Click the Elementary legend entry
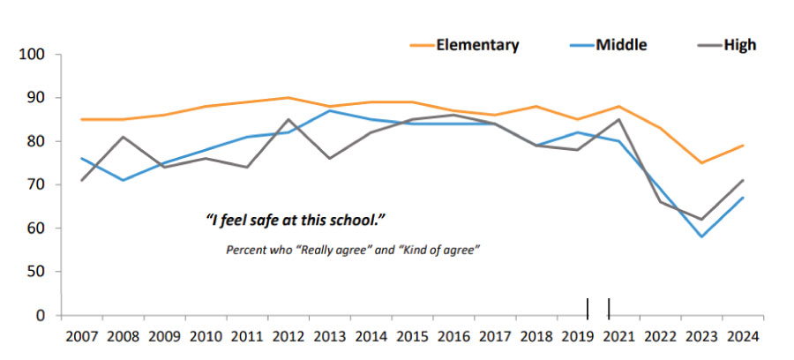(x=476, y=44)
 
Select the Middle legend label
(x=621, y=44)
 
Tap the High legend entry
(x=740, y=44)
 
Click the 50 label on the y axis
(x=36, y=272)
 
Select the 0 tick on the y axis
(x=40, y=315)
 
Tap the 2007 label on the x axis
(x=81, y=336)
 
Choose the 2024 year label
(x=745, y=336)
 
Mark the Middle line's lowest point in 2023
(x=702, y=236)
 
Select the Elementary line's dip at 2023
(x=702, y=162)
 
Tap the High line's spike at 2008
(x=124, y=137)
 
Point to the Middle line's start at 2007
(x=81, y=158)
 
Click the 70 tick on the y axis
(x=36, y=185)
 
